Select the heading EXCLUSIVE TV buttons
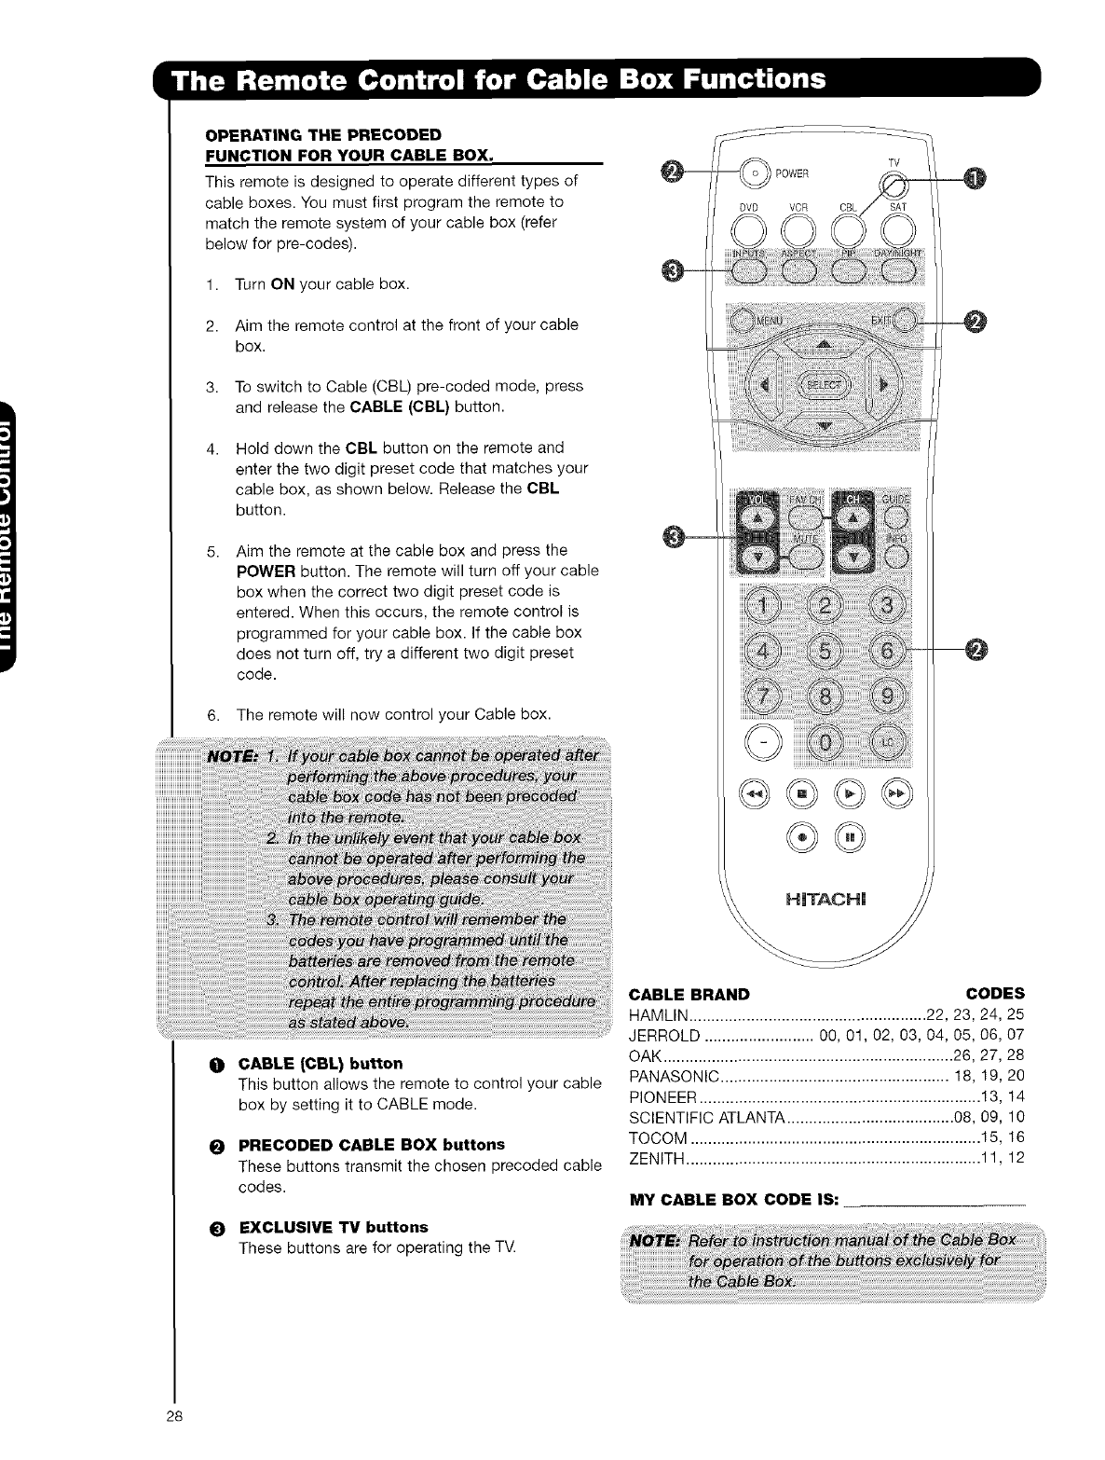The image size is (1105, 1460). click(333, 1226)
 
